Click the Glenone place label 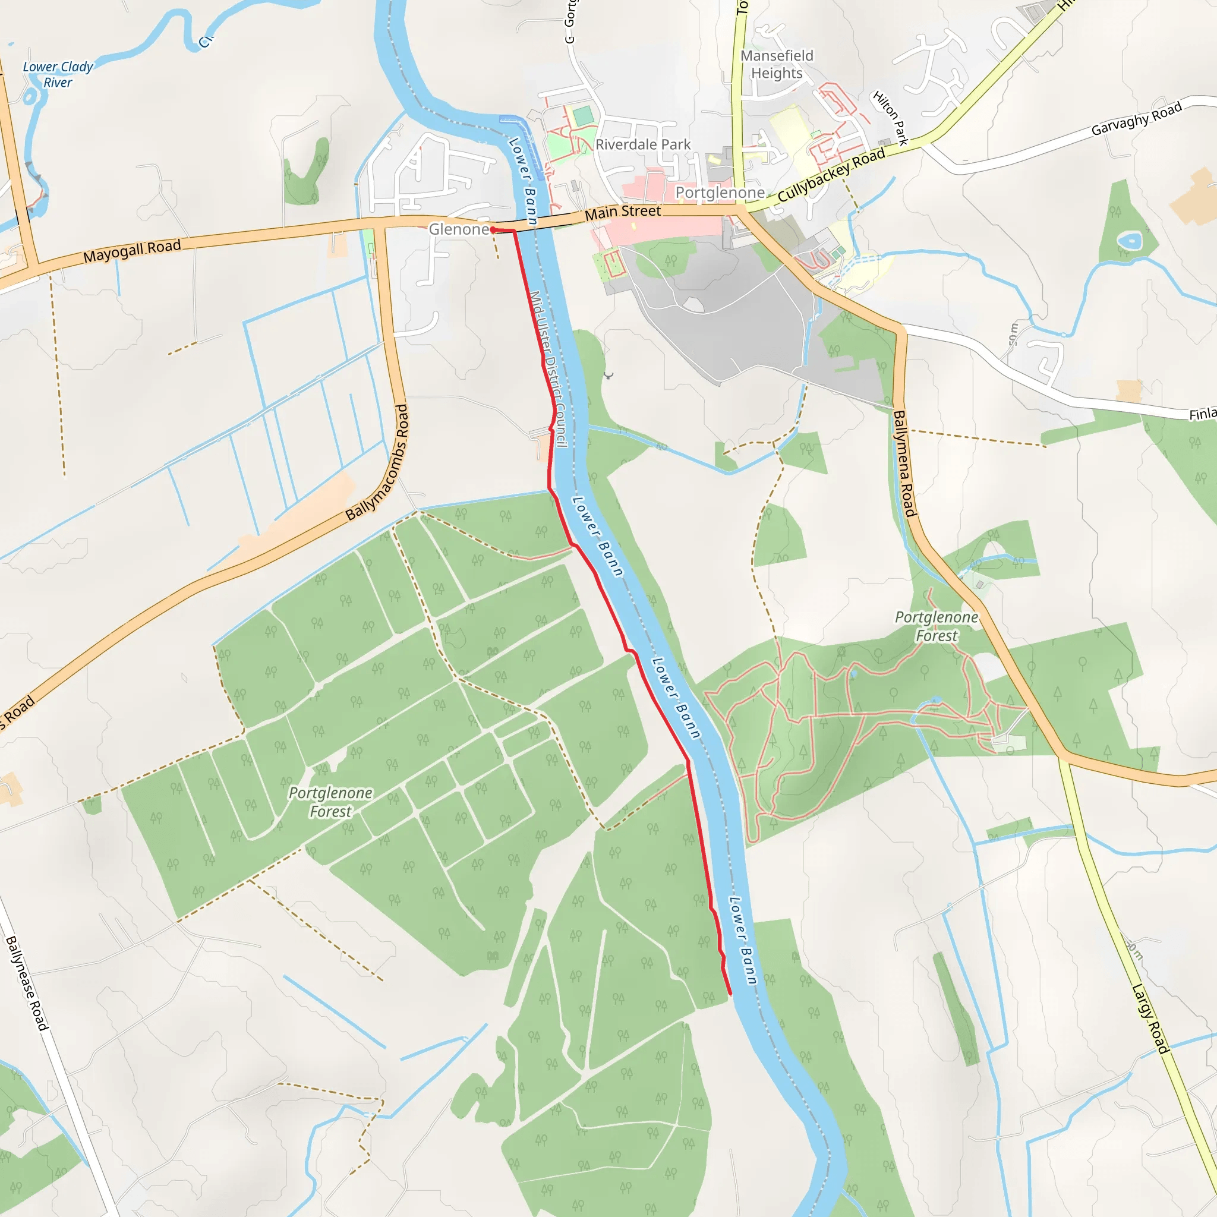[x=458, y=229]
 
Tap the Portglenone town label [x=720, y=192]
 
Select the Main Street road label [x=622, y=212]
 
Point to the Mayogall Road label [x=132, y=251]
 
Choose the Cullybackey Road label [x=831, y=175]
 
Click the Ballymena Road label [x=904, y=464]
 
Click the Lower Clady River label [x=58, y=74]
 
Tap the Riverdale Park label [x=642, y=145]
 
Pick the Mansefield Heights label [x=777, y=64]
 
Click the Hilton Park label [x=890, y=118]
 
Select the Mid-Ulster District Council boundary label [x=548, y=368]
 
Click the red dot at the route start [x=493, y=230]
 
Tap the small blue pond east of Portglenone [x=1130, y=240]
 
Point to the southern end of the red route [x=730, y=994]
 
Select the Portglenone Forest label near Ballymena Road [x=936, y=626]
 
